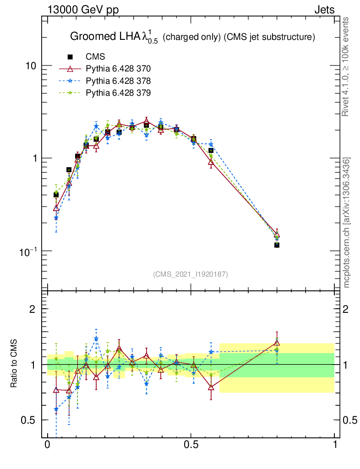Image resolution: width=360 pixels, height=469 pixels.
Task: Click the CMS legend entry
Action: pyautogui.click(x=95, y=57)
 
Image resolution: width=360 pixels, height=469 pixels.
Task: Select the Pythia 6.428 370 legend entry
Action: pyautogui.click(x=118, y=69)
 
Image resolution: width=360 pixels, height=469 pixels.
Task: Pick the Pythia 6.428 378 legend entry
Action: pyautogui.click(x=118, y=81)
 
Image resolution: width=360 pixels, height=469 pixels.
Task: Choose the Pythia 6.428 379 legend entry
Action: pyautogui.click(x=118, y=93)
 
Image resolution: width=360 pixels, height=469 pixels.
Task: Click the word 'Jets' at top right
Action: pyautogui.click(x=324, y=10)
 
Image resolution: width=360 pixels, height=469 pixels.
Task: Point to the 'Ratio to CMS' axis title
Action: pyautogui.click(x=14, y=364)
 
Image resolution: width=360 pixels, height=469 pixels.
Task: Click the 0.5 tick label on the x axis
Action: pyautogui.click(x=191, y=445)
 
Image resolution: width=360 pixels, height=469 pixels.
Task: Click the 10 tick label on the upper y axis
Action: pyautogui.click(x=31, y=65)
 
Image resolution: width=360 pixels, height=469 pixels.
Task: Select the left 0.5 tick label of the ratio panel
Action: pyautogui.click(x=30, y=420)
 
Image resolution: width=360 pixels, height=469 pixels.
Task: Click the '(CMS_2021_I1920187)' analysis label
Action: pyautogui.click(x=191, y=274)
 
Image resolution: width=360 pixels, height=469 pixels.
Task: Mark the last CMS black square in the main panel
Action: pyautogui.click(x=277, y=245)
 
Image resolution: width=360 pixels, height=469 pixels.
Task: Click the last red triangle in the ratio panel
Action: pyautogui.click(x=277, y=342)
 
